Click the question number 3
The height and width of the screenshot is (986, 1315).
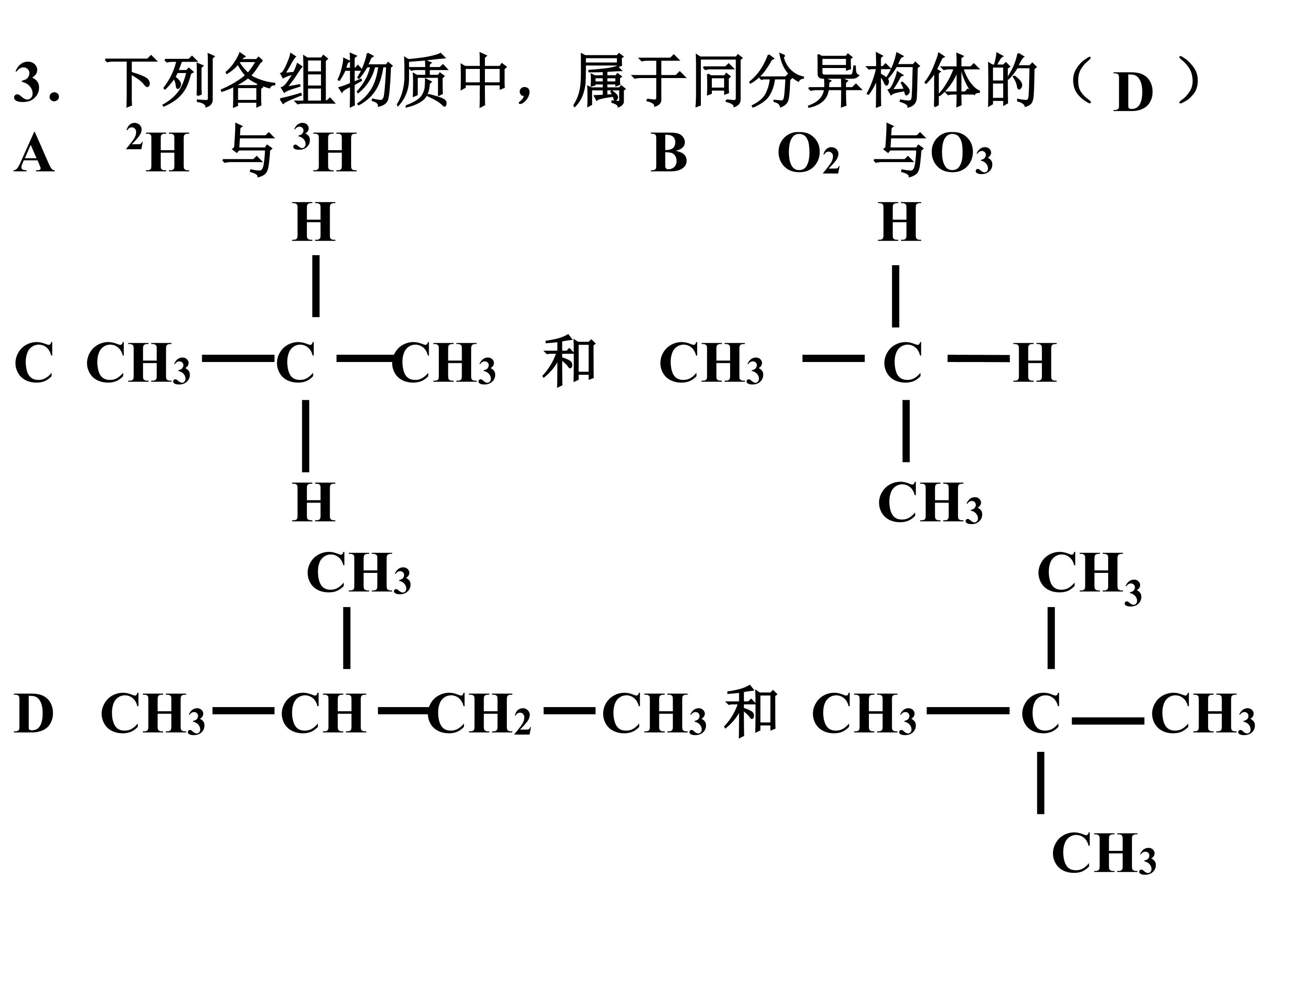(x=30, y=81)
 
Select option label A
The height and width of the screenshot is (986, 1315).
(x=34, y=153)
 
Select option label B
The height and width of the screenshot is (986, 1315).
(x=669, y=153)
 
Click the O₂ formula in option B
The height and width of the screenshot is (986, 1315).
(x=809, y=155)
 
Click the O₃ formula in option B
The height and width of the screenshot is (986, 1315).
(x=961, y=155)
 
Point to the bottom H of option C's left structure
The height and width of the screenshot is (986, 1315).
(x=314, y=502)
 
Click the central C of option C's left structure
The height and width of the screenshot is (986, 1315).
(x=295, y=362)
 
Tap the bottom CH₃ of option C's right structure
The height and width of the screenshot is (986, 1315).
(x=931, y=503)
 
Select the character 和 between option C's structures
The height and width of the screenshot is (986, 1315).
(x=569, y=362)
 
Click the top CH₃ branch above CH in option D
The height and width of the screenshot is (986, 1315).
(x=358, y=573)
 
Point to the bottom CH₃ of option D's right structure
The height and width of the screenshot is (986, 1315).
(x=1104, y=854)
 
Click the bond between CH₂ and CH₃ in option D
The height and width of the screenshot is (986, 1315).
(x=569, y=710)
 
